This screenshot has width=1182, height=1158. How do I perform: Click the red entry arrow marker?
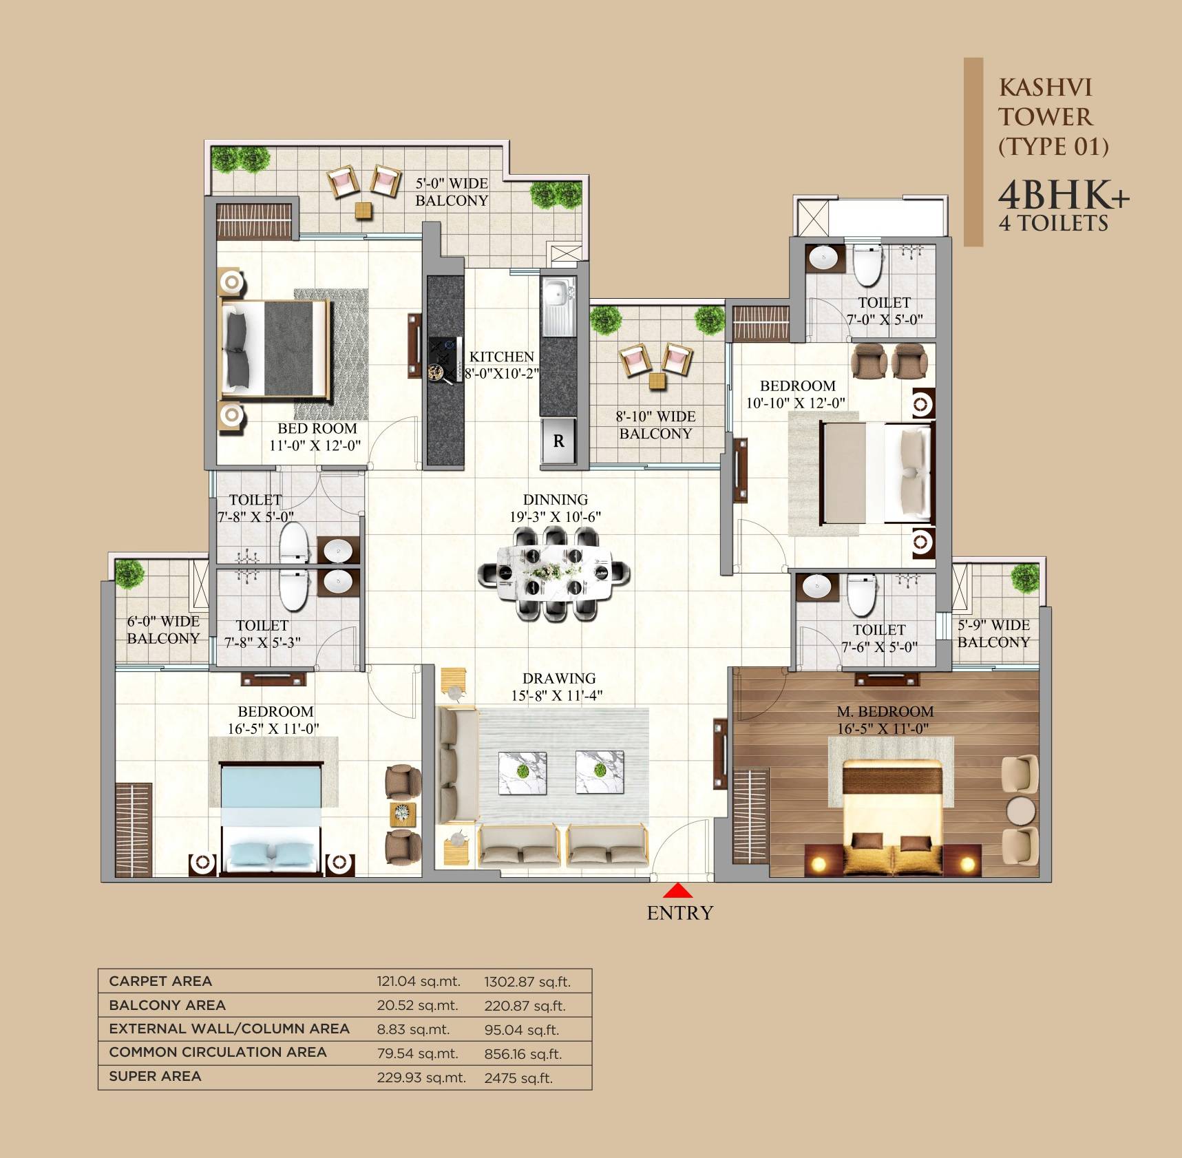[677, 891]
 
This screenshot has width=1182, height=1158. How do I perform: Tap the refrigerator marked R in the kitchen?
[558, 441]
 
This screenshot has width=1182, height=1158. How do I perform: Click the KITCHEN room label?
[502, 357]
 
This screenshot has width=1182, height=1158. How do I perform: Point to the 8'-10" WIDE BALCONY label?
[655, 425]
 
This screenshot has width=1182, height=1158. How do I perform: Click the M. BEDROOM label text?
[885, 711]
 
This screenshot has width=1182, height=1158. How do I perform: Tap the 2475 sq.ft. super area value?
[518, 1078]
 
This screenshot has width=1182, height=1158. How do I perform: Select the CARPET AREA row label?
[160, 981]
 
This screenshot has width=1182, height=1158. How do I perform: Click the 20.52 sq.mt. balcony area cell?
[417, 1005]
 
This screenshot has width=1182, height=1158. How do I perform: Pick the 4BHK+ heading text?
[1063, 195]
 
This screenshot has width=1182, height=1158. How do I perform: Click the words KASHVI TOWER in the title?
[1045, 102]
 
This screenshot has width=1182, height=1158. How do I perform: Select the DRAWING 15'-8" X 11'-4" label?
[558, 687]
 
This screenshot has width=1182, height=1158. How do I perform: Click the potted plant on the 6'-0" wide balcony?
[129, 573]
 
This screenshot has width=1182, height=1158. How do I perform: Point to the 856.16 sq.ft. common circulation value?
[523, 1054]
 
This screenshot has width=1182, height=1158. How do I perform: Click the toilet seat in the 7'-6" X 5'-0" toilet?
[861, 595]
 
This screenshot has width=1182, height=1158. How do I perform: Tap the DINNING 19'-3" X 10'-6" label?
[555, 508]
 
